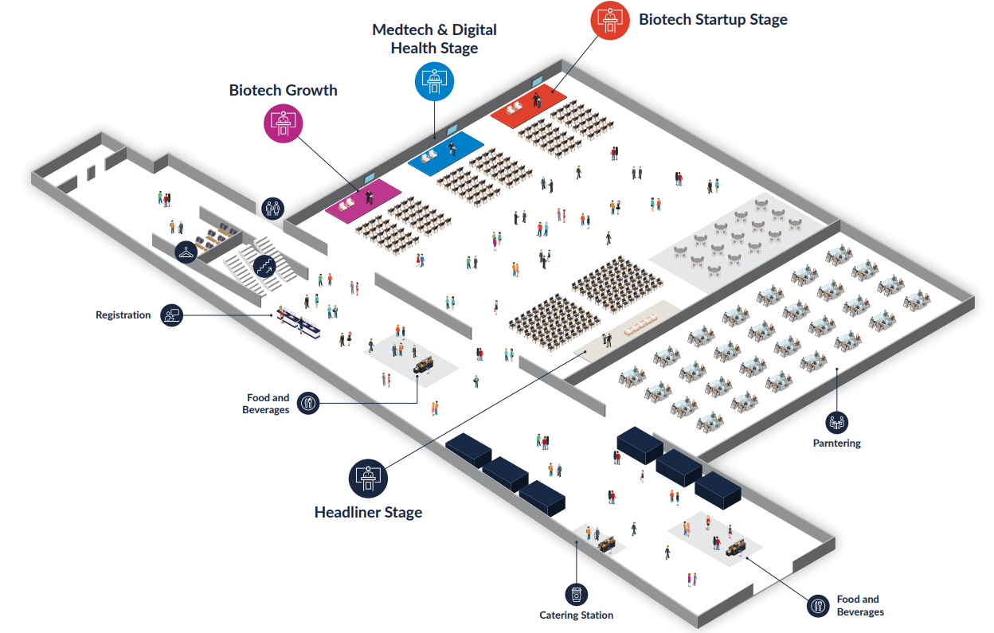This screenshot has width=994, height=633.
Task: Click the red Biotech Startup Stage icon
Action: (610, 19)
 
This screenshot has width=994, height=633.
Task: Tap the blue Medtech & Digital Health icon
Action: (434, 80)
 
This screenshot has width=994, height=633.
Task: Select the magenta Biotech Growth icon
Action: (284, 123)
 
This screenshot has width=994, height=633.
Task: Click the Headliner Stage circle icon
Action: (368, 478)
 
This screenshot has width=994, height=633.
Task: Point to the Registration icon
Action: (171, 315)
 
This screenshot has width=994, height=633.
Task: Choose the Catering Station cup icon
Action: (576, 594)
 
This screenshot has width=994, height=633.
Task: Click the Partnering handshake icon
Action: (836, 422)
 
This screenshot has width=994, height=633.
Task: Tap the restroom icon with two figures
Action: (273, 209)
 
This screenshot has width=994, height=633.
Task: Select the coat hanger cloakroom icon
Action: (186, 252)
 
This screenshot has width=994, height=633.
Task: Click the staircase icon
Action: (264, 267)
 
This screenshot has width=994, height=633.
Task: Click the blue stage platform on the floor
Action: (445, 152)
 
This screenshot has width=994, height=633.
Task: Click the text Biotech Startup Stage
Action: (713, 20)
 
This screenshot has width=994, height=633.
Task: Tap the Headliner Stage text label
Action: (368, 512)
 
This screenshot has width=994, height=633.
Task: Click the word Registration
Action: (123, 315)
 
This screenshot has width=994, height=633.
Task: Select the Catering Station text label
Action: (576, 615)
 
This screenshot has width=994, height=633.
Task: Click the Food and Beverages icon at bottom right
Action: (819, 606)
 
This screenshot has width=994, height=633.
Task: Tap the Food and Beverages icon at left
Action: (308, 404)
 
